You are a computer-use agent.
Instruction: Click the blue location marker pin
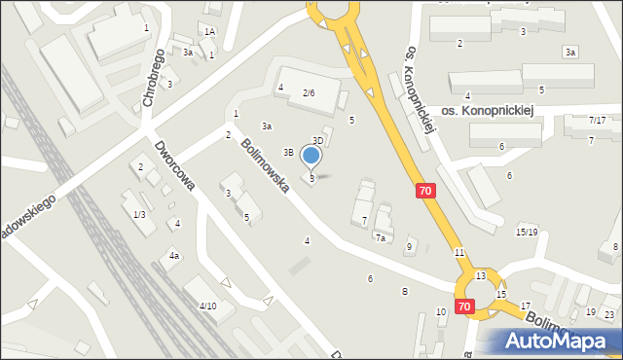(311, 156)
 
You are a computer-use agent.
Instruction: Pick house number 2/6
(308, 92)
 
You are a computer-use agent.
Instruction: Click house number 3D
(317, 141)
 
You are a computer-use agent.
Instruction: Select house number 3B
(288, 152)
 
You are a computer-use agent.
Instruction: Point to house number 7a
(381, 237)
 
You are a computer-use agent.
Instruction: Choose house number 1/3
(139, 214)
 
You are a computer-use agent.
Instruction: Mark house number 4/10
(207, 306)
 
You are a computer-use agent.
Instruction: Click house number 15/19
(527, 232)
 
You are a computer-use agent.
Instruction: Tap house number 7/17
(597, 120)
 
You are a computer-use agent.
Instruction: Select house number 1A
(209, 32)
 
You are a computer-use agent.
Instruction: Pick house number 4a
(174, 256)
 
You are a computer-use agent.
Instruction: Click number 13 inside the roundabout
(481, 276)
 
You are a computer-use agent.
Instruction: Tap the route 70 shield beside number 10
(463, 306)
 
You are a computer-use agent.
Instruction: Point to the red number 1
(146, 27)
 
